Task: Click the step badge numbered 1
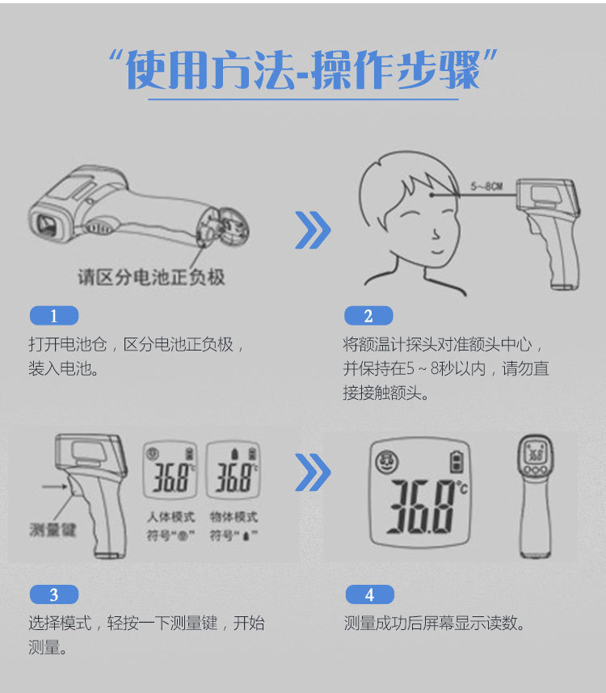coord(53,316)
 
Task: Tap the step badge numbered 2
coord(368,316)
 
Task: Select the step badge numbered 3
coord(53,594)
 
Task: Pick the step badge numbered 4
coord(369,594)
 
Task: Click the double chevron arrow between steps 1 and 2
coord(312,230)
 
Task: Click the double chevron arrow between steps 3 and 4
coord(312,472)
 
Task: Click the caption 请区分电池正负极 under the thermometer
coord(151,277)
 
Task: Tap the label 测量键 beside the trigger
coord(53,530)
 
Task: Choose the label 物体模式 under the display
coord(234,517)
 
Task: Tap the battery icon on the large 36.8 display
coord(456,461)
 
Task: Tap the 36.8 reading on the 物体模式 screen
coord(234,479)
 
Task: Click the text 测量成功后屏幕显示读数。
coord(435,624)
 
